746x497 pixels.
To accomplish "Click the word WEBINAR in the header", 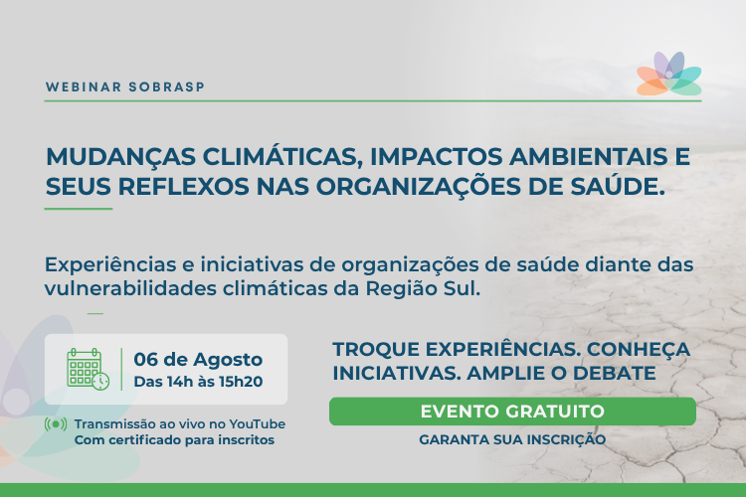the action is [x=84, y=87].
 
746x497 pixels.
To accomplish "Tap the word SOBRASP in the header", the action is [x=166, y=87].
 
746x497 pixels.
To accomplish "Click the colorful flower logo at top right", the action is [x=669, y=74].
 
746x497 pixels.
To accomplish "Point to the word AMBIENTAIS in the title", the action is [x=588, y=157].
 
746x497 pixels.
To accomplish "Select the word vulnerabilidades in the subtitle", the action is [x=130, y=288].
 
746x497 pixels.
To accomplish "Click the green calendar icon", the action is [x=88, y=369].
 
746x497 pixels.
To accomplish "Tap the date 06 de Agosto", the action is [x=198, y=360].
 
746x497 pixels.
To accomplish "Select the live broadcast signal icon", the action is [x=56, y=424].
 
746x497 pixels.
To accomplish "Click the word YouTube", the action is [x=258, y=423].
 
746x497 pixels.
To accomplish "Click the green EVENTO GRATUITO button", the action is [x=512, y=412].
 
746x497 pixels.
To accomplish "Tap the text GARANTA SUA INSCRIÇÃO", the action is [x=512, y=439].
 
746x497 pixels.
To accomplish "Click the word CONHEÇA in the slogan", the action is [x=638, y=350].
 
